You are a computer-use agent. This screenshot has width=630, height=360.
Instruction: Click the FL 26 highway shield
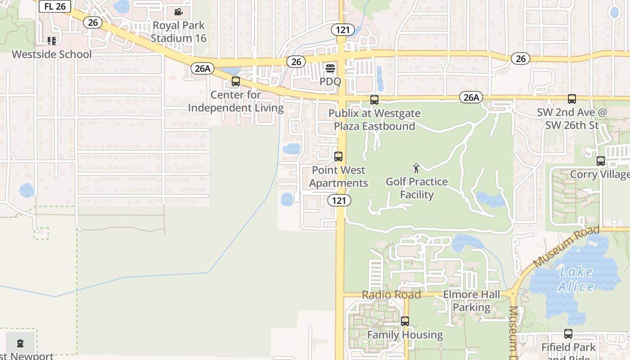55,6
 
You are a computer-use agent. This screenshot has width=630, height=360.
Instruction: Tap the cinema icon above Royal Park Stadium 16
179,12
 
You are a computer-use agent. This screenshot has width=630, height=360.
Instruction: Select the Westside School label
52,54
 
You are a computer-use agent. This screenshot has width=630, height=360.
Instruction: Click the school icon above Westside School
52,41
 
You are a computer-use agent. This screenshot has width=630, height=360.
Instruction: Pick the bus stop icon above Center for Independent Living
235,81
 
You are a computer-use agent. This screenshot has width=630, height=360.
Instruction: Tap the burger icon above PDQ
330,68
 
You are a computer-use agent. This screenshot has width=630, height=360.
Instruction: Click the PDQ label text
330,82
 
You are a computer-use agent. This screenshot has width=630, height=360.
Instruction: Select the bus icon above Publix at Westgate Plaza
374,100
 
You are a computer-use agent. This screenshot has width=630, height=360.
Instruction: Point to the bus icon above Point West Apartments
338,157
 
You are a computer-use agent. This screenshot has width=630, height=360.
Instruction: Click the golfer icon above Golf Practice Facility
417,168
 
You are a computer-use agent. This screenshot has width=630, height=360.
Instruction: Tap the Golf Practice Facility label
417,188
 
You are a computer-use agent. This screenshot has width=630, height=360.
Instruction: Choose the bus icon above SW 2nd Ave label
571,99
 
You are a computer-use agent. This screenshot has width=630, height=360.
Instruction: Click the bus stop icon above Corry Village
600,161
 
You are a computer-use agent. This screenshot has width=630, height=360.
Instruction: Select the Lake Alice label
576,279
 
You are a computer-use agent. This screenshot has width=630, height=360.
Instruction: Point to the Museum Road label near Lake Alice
567,247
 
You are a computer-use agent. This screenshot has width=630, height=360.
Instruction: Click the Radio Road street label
391,295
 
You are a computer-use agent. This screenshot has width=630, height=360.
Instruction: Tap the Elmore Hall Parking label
471,301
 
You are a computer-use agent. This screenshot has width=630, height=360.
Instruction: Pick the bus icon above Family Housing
405,321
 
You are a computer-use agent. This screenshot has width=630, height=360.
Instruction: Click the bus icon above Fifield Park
568,334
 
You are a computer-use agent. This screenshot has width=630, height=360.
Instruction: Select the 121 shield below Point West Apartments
339,200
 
